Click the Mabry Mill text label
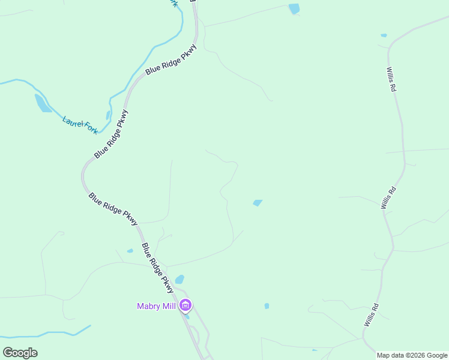(156, 307)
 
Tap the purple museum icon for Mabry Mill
(185, 306)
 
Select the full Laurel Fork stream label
(80, 124)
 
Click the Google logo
(20, 353)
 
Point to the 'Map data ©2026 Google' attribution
(412, 355)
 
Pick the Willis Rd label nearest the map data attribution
(371, 315)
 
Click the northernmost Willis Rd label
(391, 79)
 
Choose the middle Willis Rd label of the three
(388, 197)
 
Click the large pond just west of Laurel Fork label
(43, 103)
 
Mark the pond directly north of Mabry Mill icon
(179, 280)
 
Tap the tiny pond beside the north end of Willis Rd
(384, 35)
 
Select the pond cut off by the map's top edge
(294, 8)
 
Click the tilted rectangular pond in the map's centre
(258, 203)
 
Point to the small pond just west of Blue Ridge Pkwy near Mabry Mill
(130, 251)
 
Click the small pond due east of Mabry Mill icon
(267, 306)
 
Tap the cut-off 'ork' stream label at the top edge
(174, 3)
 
